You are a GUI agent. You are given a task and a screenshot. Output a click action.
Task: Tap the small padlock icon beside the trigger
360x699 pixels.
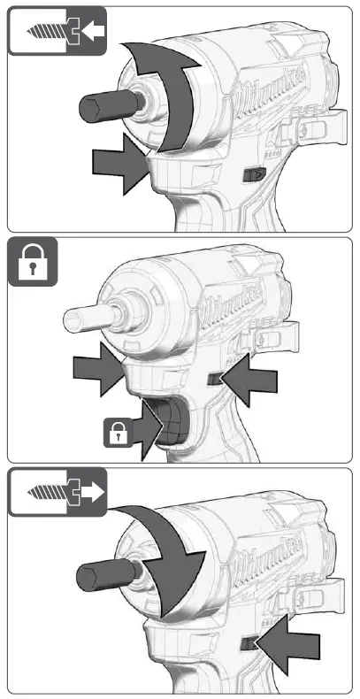(x=118, y=432)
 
